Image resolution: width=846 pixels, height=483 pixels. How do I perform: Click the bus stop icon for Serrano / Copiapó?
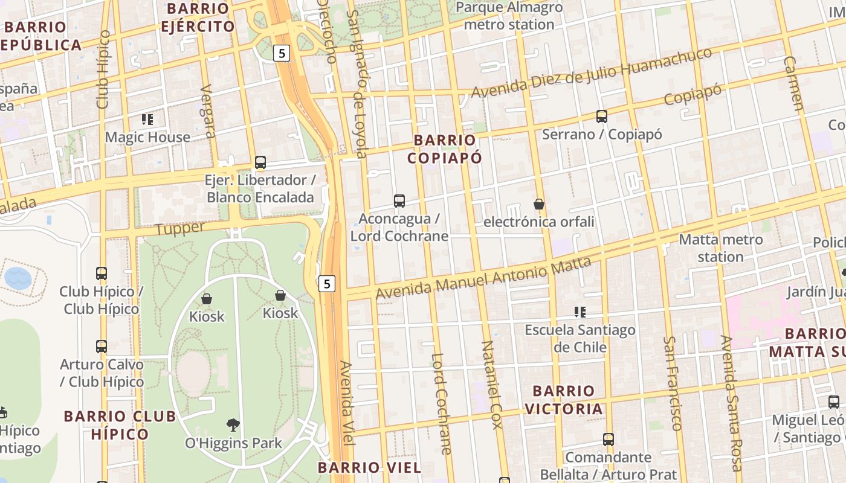point(601,117)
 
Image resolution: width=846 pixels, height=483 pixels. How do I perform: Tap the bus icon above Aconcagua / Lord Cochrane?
point(399,201)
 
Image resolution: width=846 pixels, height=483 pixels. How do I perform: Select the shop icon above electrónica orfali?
point(539,204)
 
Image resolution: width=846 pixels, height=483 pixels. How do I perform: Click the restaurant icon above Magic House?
point(147,120)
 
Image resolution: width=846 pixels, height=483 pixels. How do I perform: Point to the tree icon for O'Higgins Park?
point(233,425)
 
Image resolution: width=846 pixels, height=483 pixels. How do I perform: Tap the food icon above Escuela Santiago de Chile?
point(580,312)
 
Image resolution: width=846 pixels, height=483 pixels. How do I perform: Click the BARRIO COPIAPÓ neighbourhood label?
point(445,149)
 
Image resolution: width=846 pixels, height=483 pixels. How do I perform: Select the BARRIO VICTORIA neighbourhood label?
point(563,400)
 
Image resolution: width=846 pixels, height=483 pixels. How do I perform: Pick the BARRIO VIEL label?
point(369,467)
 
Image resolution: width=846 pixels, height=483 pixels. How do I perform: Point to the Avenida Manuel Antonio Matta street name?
point(483,278)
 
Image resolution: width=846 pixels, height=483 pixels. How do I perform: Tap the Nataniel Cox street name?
point(491,385)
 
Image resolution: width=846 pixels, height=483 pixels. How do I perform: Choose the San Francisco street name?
point(672,383)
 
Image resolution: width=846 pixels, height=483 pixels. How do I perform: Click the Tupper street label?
point(180,229)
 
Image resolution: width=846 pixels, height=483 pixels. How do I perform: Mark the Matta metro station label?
point(720,248)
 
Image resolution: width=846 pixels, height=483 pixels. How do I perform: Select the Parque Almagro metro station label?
point(509,16)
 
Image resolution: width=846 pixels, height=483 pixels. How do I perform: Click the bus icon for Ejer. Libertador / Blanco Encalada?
point(260,162)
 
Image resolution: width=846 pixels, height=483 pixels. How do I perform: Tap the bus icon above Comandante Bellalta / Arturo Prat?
point(609,440)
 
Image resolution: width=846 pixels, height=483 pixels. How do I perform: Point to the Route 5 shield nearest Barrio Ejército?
point(282,53)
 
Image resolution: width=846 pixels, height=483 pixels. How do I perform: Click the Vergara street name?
point(207,111)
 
